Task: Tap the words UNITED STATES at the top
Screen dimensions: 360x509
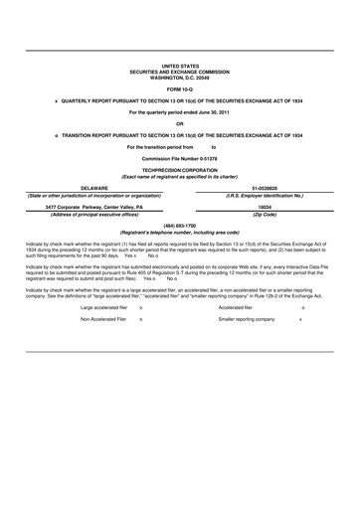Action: [x=179, y=64]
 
